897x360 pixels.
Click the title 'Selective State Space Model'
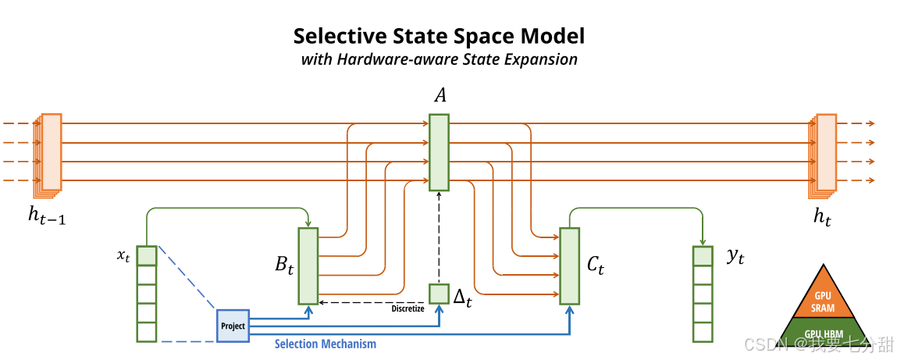[439, 36]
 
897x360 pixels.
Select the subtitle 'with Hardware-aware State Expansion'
[439, 59]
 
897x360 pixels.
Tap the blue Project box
[233, 326]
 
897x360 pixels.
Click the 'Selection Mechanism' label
[325, 344]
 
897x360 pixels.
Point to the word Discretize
[408, 308]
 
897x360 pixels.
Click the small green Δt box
[439, 294]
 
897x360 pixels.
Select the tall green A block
[439, 152]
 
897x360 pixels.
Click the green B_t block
[308, 266]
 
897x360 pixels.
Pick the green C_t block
[569, 266]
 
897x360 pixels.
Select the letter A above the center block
[440, 95]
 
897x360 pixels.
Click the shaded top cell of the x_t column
[147, 255]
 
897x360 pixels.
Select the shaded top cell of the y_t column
[703, 255]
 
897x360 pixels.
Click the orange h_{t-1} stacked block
[51, 152]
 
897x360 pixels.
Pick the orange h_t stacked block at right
[825, 152]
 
